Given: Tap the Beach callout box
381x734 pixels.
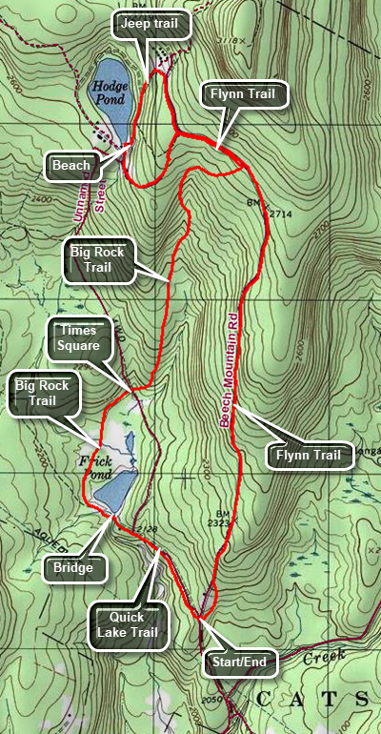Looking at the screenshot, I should (x=72, y=166).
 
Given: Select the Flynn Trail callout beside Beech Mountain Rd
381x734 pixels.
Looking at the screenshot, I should (x=308, y=456).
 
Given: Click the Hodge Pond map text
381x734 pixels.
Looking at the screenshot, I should (x=110, y=92).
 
